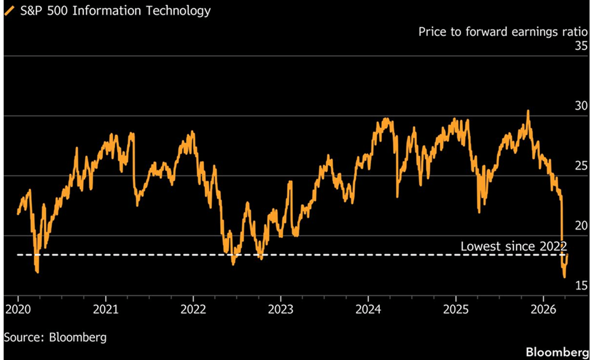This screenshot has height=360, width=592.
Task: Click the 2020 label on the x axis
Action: pos(18,309)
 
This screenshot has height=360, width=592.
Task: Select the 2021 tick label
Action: pos(105,309)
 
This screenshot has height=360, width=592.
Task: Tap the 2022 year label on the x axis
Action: pos(193,309)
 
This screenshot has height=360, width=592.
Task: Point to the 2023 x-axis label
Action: pos(281,309)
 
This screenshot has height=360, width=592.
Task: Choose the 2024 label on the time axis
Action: pos(368,309)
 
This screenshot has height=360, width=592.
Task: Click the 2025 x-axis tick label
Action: pos(456,309)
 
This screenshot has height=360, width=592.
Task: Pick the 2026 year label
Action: pos(543,309)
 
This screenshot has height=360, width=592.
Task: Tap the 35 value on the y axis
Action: pos(581,46)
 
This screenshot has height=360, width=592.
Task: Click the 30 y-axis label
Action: pos(581,106)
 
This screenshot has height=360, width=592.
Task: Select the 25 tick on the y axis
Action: pos(581,166)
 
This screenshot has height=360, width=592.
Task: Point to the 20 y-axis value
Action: pos(581,226)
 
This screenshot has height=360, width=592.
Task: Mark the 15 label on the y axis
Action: pos(581,286)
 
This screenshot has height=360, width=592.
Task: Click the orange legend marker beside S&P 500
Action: pos(9,11)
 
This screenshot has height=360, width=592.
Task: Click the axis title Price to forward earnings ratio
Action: pos(503,32)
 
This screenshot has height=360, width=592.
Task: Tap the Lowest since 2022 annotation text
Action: pos(513,246)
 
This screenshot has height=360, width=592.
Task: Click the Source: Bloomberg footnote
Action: pos(55,337)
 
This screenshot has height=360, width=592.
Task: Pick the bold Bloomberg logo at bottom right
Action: pos(557,352)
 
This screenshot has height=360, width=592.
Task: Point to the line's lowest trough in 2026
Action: pos(564,277)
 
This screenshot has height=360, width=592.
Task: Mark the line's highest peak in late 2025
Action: pos(528,111)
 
